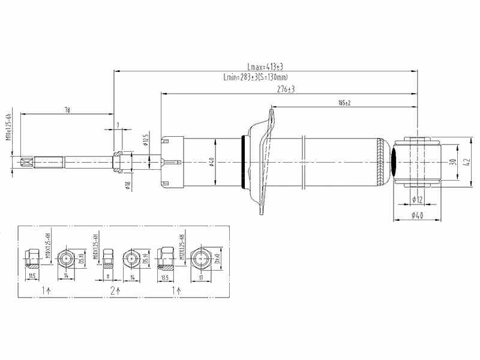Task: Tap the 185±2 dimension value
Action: point(344,103)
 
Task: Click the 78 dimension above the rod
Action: point(67,110)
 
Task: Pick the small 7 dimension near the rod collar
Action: point(118,125)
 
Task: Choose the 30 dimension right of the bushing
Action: point(452,162)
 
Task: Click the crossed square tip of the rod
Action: point(26,162)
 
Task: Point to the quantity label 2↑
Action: point(115,290)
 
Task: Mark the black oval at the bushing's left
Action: point(396,162)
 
